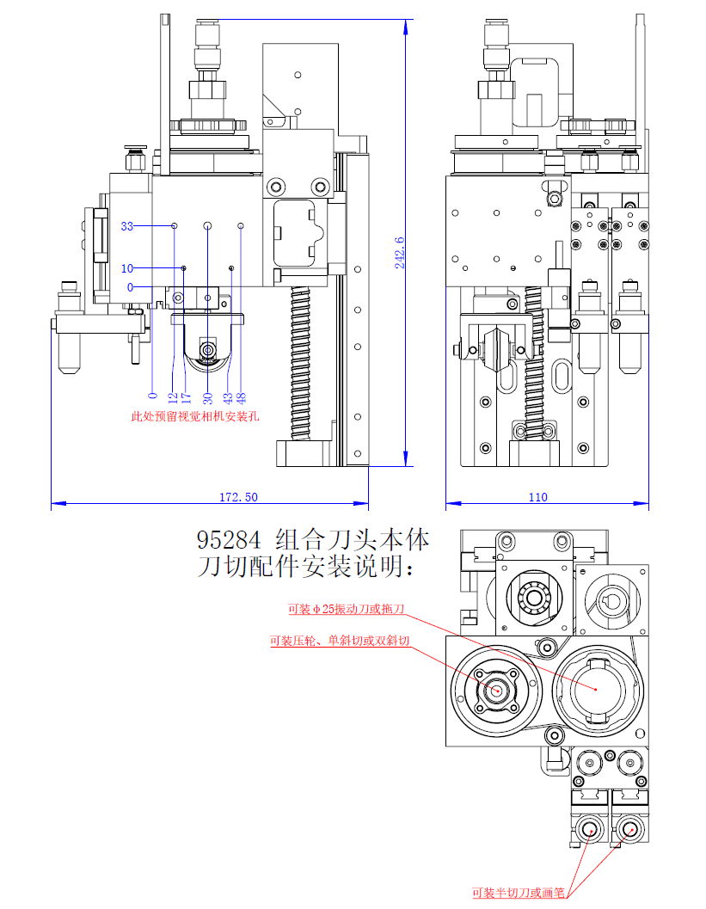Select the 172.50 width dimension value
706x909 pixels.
(x=239, y=497)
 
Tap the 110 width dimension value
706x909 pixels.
(x=537, y=497)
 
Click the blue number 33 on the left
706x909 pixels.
(x=127, y=226)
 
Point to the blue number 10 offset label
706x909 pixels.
(x=127, y=268)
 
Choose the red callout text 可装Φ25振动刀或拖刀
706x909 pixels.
(x=346, y=609)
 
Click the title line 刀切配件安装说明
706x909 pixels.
(x=305, y=568)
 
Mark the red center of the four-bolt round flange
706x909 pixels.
(x=495, y=689)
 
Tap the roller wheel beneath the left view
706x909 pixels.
(x=207, y=352)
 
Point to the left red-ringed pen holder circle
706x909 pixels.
(x=589, y=830)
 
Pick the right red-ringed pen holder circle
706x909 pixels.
(x=629, y=830)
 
